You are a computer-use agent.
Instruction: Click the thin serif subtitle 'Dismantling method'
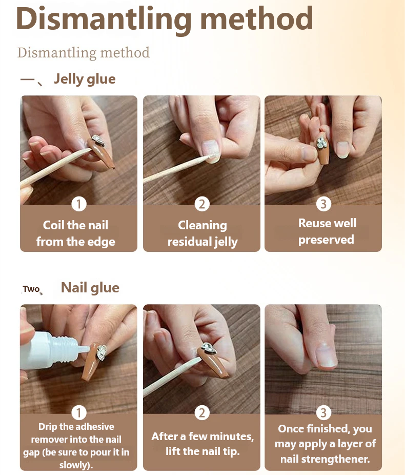point(83,53)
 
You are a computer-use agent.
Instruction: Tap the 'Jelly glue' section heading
point(85,79)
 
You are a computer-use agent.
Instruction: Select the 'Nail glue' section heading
point(90,288)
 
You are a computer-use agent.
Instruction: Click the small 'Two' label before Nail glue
point(31,289)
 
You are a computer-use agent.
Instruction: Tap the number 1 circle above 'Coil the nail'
point(78,204)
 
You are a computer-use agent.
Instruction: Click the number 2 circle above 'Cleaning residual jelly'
point(202,204)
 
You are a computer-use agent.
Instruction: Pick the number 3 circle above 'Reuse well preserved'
point(323,204)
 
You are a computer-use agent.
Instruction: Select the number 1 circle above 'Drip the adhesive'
point(78,412)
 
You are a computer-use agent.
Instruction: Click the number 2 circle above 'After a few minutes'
point(202,412)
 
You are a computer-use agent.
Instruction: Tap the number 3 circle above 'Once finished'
point(323,412)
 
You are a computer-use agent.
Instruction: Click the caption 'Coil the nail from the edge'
point(76,233)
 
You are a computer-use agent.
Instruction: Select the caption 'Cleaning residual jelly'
point(202,233)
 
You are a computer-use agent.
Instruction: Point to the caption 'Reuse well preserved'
point(327,231)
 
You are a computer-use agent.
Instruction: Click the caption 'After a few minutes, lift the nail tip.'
point(202,444)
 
